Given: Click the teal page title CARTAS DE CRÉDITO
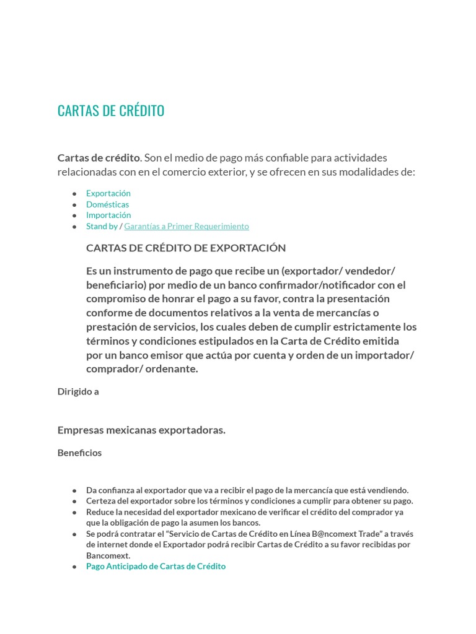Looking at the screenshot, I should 111,111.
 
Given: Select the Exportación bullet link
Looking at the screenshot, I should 108,193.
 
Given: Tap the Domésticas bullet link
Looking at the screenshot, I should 107,204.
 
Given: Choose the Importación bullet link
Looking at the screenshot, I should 108,215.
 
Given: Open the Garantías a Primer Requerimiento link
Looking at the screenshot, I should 186,226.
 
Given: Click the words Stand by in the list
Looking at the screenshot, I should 102,226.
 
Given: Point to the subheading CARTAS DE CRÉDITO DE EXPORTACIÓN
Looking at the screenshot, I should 186,248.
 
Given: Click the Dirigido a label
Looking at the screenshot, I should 78,391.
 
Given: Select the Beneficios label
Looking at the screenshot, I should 79,453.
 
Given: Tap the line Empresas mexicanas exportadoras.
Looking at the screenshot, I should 141,430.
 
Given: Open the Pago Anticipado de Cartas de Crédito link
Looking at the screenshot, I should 156,566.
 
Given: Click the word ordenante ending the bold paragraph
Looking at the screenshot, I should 169,369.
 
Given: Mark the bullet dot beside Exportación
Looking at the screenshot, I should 74,194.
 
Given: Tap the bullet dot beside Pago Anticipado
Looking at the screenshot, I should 74,567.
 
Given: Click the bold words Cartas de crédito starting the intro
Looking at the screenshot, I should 99,157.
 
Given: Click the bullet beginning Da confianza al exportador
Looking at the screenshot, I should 247,490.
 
